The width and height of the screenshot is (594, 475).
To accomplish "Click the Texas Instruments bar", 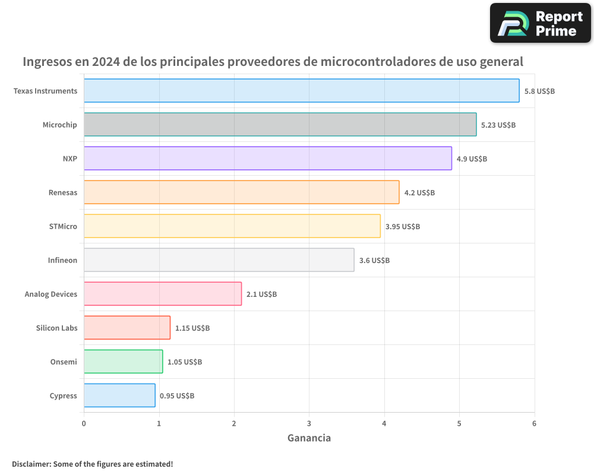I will [x=301, y=91].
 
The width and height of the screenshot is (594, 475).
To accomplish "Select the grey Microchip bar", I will [x=280, y=125].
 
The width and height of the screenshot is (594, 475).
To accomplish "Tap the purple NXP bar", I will [x=267, y=159].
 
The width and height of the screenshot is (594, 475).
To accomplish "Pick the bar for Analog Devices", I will [x=162, y=294].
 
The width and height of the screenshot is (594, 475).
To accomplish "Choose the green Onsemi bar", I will [x=123, y=362].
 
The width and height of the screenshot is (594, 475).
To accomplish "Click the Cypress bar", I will [x=119, y=395].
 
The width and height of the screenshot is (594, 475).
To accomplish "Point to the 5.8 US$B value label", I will [x=539, y=91].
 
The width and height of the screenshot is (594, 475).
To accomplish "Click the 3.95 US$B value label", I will [x=402, y=227].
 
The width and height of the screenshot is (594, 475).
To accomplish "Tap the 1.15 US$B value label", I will [x=192, y=328].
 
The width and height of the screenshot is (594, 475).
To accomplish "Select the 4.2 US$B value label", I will [x=419, y=193].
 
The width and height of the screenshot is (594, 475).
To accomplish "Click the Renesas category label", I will [x=63, y=192].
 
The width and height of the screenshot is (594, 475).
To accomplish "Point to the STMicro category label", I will [x=63, y=226].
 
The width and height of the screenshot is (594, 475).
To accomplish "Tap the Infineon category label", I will [x=62, y=260].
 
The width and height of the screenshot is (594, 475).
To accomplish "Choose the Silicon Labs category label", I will [x=56, y=328].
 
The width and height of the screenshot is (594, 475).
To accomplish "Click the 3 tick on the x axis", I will [x=309, y=423].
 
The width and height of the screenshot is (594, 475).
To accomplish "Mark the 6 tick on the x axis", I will [x=534, y=423].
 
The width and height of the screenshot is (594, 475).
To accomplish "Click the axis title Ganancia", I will [x=309, y=438].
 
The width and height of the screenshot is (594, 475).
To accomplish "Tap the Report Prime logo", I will [x=540, y=23].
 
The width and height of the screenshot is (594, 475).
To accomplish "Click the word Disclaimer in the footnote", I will [x=31, y=464].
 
